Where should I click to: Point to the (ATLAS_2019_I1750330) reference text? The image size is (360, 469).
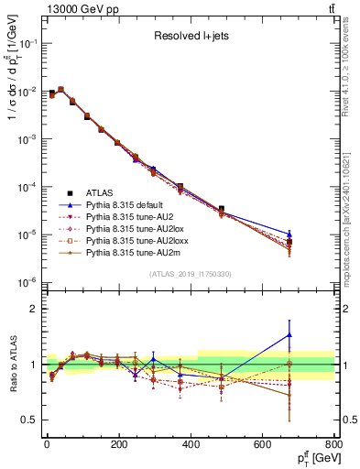point(190,274)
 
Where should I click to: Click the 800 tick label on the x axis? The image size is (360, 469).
point(334,444)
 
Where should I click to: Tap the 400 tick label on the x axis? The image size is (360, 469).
point(191,444)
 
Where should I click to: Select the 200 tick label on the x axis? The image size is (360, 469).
point(118,444)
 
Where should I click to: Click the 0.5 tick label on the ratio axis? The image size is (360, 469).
point(29,420)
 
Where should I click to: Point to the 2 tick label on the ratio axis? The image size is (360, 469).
point(35,309)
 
